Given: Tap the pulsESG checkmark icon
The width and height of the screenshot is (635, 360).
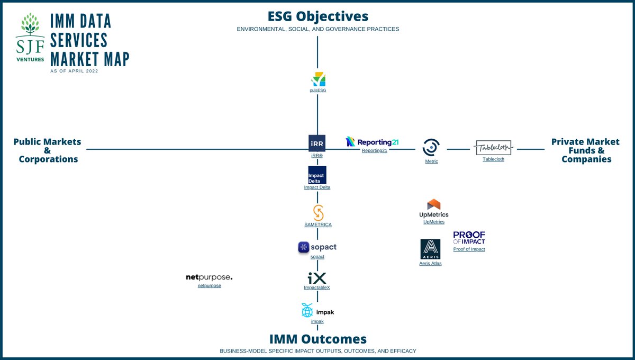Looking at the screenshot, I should [x=318, y=79].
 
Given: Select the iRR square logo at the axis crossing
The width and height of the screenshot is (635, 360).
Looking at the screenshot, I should [x=317, y=143].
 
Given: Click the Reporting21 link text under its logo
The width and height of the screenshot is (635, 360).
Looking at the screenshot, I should [x=374, y=151].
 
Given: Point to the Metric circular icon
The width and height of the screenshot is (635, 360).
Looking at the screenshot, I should [x=431, y=147].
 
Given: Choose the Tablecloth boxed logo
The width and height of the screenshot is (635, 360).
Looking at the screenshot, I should [x=493, y=148].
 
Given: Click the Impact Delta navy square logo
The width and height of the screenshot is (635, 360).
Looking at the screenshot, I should [x=317, y=175].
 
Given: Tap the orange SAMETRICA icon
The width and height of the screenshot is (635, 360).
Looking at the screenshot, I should [x=317, y=212].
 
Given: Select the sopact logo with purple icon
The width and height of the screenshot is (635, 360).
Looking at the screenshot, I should [x=317, y=247].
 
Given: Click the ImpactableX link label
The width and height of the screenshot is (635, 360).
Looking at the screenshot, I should [x=317, y=287].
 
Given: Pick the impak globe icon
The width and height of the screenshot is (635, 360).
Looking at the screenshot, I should [x=307, y=311].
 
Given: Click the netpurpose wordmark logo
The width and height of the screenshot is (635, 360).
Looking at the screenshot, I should [x=209, y=277].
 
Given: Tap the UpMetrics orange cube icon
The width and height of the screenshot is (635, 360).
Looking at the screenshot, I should [x=433, y=205].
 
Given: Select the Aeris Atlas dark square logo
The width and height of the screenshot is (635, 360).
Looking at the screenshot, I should [x=430, y=249].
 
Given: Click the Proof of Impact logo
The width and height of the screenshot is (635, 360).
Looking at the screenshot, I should [x=469, y=238].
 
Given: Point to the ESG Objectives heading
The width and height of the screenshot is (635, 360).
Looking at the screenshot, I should [x=317, y=16].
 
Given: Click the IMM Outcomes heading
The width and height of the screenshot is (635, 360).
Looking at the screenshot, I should [x=317, y=339].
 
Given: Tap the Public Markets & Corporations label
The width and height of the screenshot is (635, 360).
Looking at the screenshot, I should [x=47, y=150].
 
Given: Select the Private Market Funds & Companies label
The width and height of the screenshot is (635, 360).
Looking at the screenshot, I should [x=585, y=150].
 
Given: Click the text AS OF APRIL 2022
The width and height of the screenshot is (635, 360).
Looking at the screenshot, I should [x=74, y=71].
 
